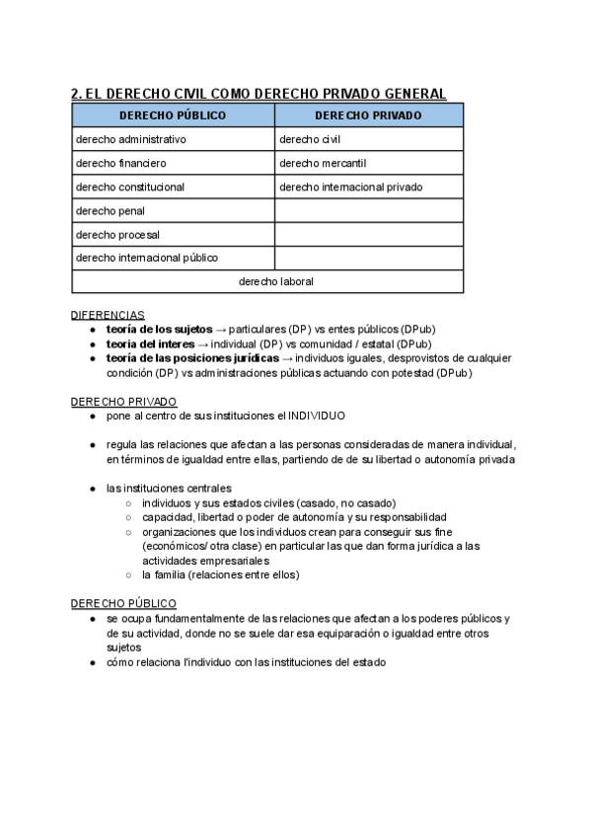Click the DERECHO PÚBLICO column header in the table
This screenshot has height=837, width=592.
click(173, 115)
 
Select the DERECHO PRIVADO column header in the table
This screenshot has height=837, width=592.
click(369, 115)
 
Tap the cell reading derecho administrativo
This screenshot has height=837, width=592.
click(131, 139)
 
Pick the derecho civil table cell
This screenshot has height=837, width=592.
click(310, 139)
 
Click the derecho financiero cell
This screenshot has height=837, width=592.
click(121, 163)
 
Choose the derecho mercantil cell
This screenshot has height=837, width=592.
click(323, 163)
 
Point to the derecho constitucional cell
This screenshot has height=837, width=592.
click(130, 187)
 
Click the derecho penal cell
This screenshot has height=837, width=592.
click(111, 210)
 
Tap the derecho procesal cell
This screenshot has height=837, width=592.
click(117, 235)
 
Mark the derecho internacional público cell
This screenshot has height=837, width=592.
click(147, 258)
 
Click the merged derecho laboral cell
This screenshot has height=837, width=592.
click(276, 281)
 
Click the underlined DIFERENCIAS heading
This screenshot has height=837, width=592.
click(108, 315)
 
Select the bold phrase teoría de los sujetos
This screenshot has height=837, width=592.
click(159, 329)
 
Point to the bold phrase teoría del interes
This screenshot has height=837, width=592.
click(150, 343)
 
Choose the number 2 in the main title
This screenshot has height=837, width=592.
click(76, 94)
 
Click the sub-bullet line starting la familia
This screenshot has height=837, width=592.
click(220, 574)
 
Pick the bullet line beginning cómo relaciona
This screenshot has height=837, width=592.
click(246, 662)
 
